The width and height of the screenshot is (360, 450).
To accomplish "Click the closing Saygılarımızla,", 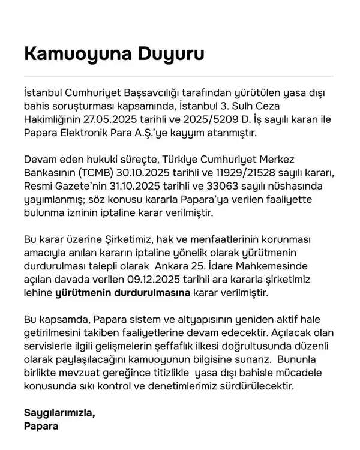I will click(x=59, y=413).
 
